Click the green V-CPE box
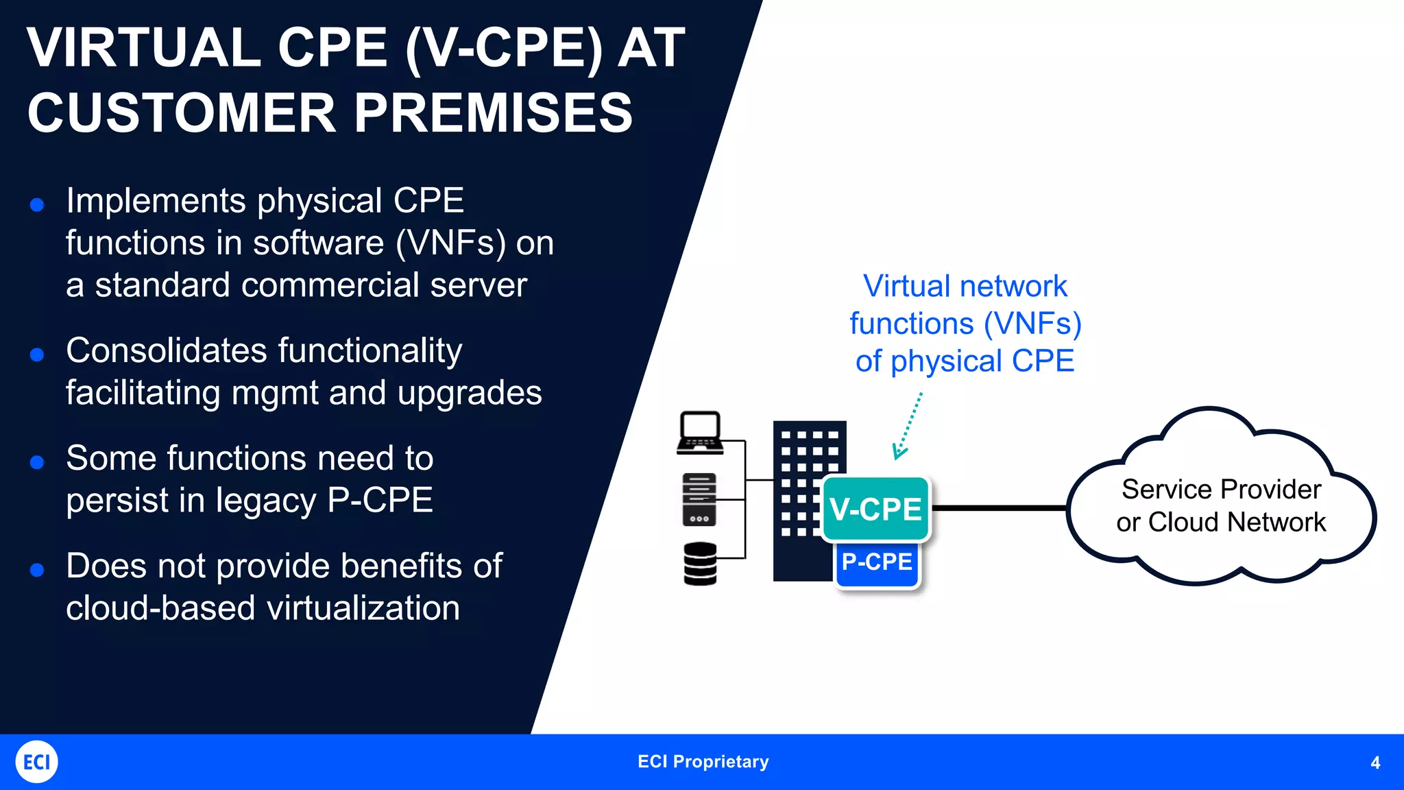(875, 509)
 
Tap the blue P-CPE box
(877, 563)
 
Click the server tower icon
(699, 500)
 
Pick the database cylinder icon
(700, 564)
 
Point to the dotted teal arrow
(909, 426)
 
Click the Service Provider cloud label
(1221, 505)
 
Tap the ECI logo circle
(36, 762)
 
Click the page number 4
(1375, 763)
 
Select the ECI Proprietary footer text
(703, 762)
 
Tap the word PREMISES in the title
(493, 113)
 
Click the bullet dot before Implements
(38, 204)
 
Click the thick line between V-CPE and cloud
(998, 508)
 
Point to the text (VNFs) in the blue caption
(1032, 324)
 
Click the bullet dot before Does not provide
(38, 570)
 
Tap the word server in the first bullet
(479, 285)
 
